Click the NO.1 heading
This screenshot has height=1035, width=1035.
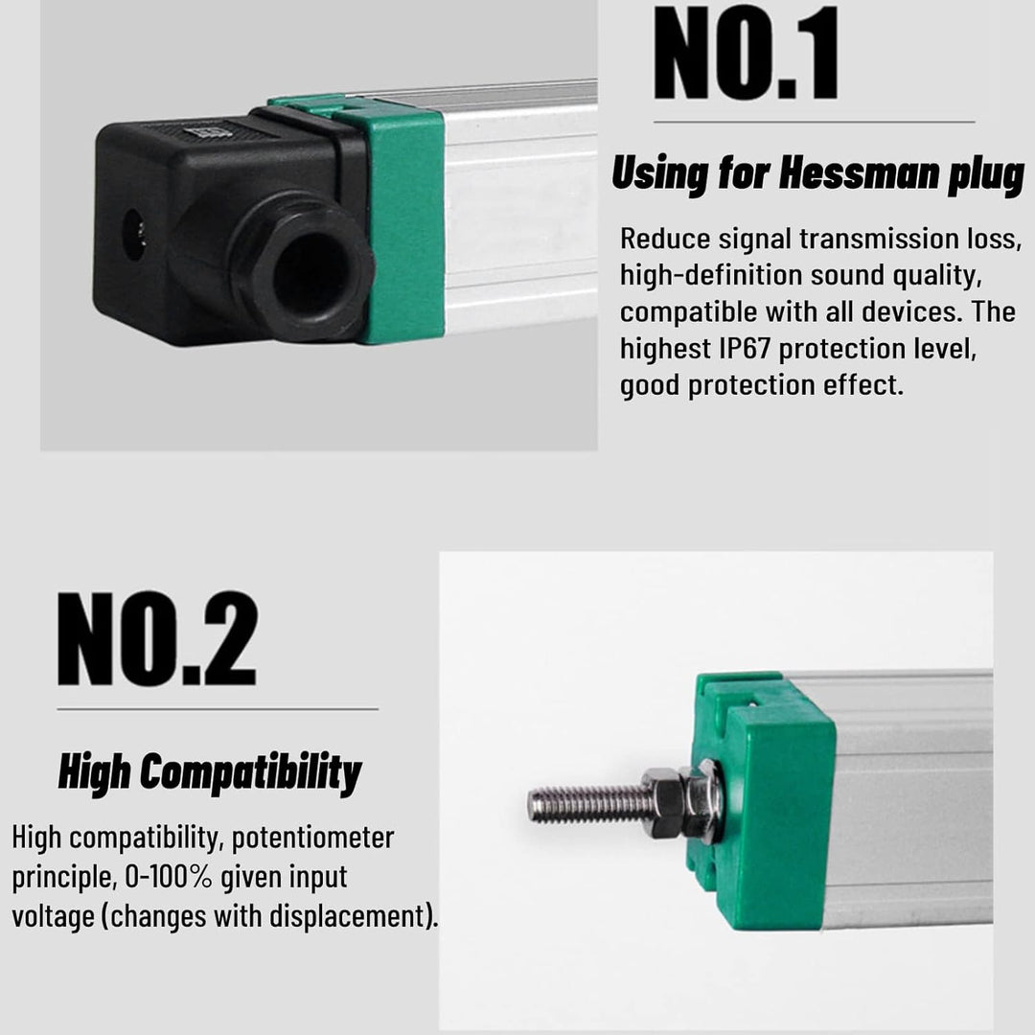[x=746, y=53]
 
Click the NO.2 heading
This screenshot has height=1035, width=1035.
[x=157, y=639]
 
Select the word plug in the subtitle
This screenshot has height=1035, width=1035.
[x=986, y=175]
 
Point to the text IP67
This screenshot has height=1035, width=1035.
[x=745, y=349]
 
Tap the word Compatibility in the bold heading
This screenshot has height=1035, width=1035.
[x=251, y=772]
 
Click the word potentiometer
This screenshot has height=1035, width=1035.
[x=312, y=839]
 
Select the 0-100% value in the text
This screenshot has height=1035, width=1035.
[x=169, y=877]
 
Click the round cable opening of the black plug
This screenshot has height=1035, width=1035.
[x=306, y=271]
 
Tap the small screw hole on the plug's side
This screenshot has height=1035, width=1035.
[x=134, y=235]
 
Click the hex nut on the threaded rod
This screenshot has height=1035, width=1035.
[x=663, y=802]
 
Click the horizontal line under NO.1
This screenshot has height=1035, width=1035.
[x=814, y=122]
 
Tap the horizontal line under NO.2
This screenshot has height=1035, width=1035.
[x=218, y=709]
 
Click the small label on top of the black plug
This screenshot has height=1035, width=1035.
[x=208, y=132]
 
